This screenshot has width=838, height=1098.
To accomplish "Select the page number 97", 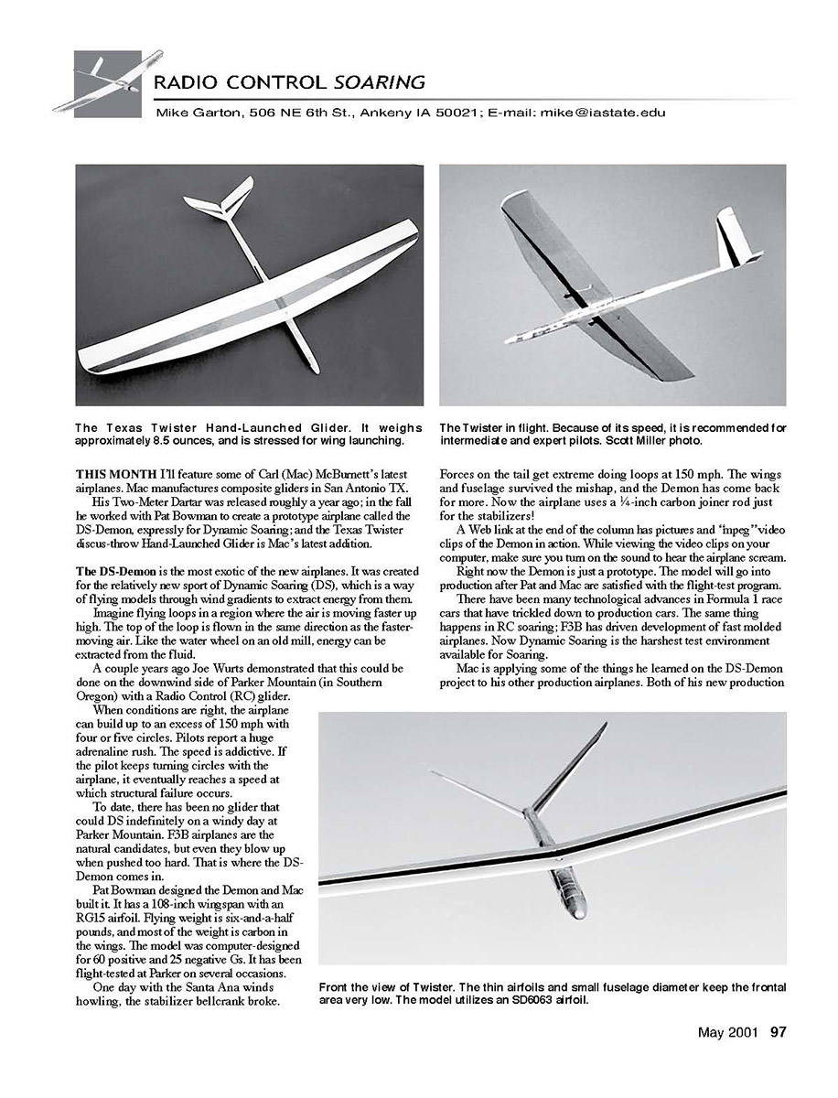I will click(778, 1032).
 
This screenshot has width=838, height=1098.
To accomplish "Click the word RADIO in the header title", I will click(187, 82).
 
